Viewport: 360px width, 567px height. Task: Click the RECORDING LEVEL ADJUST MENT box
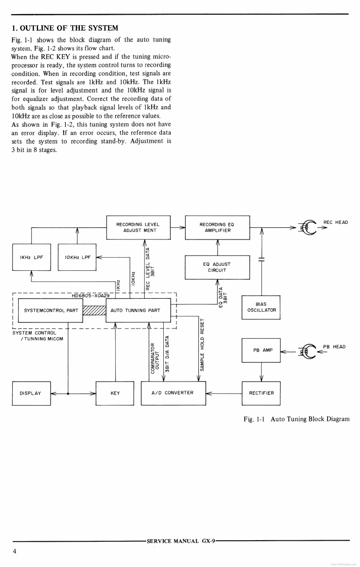coord(138,227)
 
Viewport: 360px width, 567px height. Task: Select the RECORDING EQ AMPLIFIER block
coord(217,227)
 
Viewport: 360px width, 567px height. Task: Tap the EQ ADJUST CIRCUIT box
coord(217,267)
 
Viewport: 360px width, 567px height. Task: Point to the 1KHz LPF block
coord(31,257)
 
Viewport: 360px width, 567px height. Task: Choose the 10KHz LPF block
coord(77,257)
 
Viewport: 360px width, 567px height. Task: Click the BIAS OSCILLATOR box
coord(261,308)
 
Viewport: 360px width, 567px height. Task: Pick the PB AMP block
coord(261,350)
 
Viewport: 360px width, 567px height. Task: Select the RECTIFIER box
coord(261,393)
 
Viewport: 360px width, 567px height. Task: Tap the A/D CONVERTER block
coord(173,393)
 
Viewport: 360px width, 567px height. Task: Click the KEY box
coord(115,393)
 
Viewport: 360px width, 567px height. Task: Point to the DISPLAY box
coord(31,393)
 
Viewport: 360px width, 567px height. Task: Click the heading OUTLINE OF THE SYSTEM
coord(64,28)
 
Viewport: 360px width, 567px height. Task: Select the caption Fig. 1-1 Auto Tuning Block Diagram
coord(296,419)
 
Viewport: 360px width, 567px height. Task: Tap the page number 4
coord(15,551)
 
